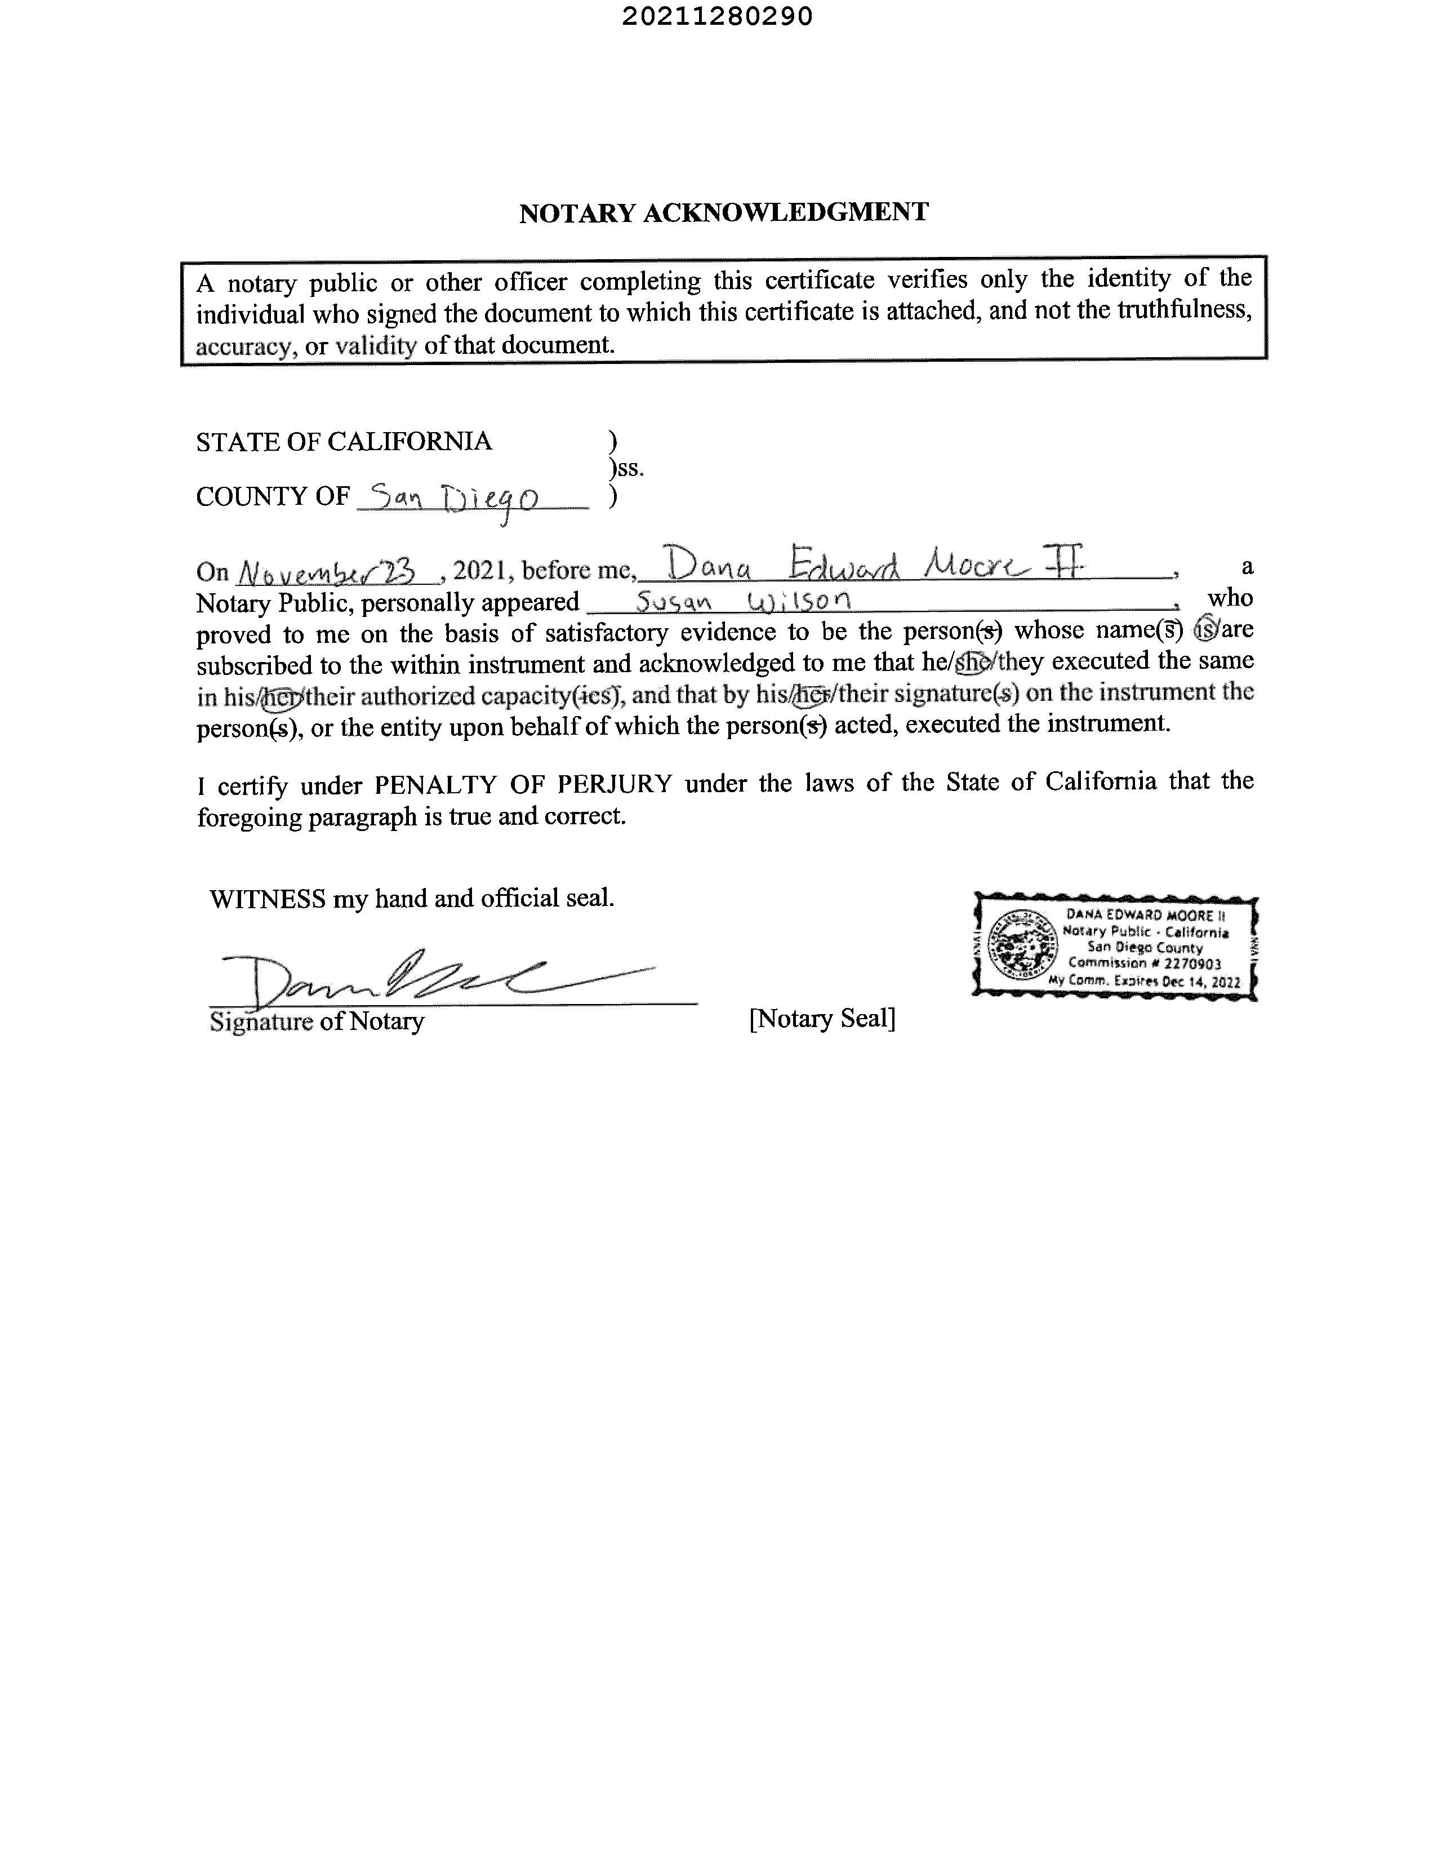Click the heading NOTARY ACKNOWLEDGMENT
click(x=724, y=213)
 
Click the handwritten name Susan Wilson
click(x=743, y=602)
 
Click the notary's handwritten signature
click(x=410, y=978)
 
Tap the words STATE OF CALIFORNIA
click(x=344, y=442)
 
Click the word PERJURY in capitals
click(x=615, y=784)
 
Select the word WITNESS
click(x=268, y=899)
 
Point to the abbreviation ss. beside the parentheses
click(x=630, y=468)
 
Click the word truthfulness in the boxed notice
click(x=1184, y=310)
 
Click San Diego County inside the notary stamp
click(x=1145, y=948)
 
